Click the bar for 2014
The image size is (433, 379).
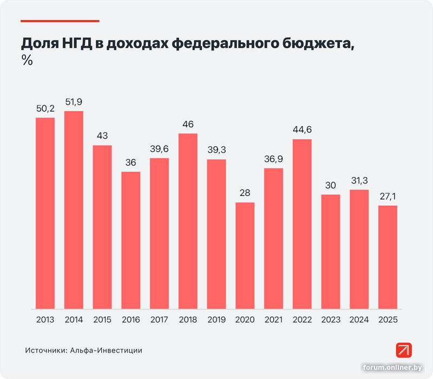click(74, 210)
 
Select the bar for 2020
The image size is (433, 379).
click(245, 256)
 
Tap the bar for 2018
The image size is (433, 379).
click(188, 221)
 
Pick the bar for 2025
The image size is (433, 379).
click(388, 257)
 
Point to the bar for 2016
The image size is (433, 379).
click(130, 240)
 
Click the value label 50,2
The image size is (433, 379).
click(45, 109)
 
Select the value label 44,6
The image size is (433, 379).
click(302, 130)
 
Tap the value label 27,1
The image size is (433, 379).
click(388, 197)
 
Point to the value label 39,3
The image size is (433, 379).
click(216, 151)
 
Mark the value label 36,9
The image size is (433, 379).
click(273, 159)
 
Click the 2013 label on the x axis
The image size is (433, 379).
click(45, 320)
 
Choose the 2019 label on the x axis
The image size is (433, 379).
click(216, 320)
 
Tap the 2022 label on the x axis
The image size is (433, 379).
click(302, 320)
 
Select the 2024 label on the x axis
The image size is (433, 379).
click(359, 320)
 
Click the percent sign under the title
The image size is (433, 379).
click(27, 61)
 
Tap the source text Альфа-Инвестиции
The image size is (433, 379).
click(106, 350)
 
